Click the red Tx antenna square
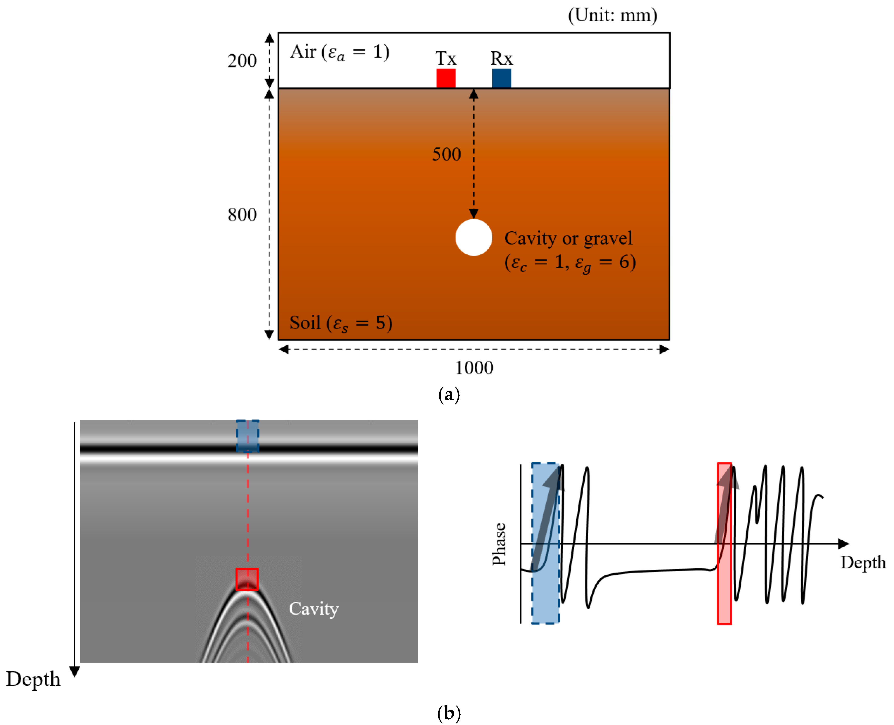point(446,78)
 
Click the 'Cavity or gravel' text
point(568,238)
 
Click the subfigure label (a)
point(448,394)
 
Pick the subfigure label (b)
point(448,713)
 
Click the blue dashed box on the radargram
point(247,436)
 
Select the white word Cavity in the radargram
point(313,609)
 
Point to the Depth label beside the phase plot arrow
point(863,562)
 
